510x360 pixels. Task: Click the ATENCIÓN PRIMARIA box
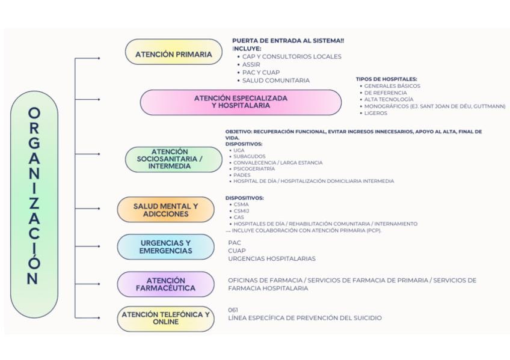173,54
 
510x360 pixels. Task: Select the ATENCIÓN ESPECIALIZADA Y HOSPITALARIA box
241,102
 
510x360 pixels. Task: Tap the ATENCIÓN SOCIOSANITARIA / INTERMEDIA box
174,159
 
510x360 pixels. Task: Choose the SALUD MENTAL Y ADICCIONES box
165,210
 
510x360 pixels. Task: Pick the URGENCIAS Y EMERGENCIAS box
165,247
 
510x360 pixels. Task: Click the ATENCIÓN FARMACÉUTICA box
165,284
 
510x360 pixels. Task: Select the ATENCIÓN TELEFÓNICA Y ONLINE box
165,318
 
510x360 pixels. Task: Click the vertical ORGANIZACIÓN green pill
34,196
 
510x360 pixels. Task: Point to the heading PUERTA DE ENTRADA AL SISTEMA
287,41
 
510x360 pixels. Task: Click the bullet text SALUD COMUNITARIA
276,81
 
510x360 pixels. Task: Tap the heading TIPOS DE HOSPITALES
386,79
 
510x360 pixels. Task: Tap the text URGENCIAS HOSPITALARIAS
271,259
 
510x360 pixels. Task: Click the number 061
233,310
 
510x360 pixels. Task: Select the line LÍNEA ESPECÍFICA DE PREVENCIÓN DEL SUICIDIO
304,318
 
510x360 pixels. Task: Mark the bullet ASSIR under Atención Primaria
251,64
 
